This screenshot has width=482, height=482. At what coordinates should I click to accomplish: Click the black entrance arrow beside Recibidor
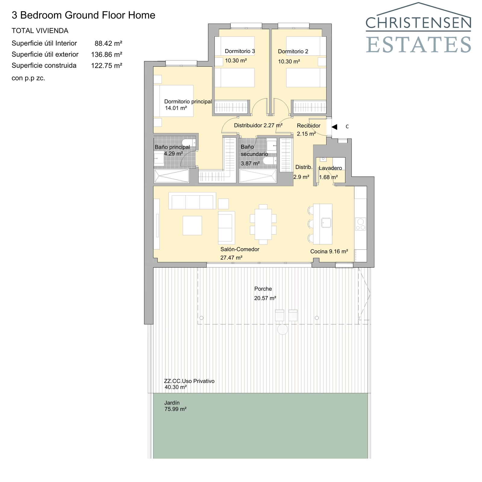tap(334, 127)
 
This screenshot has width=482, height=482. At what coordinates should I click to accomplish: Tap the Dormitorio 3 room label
tap(240, 51)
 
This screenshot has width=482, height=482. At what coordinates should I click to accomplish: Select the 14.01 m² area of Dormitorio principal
tap(176, 108)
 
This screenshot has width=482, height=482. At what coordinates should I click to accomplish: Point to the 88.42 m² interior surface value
tap(108, 43)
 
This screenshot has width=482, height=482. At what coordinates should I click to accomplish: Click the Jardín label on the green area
tap(172, 403)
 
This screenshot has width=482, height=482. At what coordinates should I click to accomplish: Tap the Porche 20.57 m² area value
tap(265, 298)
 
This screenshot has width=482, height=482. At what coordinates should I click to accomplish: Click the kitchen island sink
tap(326, 223)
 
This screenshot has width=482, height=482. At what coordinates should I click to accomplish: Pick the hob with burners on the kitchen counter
tap(361, 224)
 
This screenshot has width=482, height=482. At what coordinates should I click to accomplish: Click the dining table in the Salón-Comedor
tap(263, 224)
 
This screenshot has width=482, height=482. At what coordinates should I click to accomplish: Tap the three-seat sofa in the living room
tap(192, 201)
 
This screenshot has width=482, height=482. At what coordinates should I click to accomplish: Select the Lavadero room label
tap(330, 168)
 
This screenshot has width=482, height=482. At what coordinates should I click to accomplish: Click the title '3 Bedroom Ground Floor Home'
tap(83, 15)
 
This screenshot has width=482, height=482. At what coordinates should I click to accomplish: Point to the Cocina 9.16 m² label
tap(329, 251)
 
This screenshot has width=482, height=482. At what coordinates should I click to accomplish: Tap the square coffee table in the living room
tap(192, 225)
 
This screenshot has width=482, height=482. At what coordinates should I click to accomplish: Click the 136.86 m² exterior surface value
tap(106, 55)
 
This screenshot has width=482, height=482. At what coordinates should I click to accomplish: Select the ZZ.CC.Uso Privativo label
tap(189, 381)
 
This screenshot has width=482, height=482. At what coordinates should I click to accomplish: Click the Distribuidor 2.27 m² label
tap(258, 125)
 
